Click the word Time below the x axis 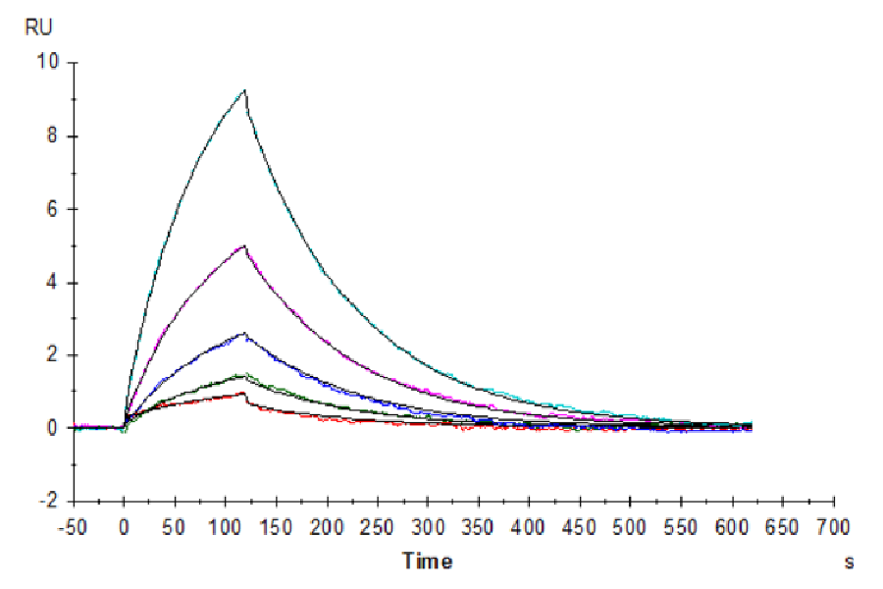(x=428, y=562)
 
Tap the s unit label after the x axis (x=849, y=562)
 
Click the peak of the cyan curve (x=245, y=90)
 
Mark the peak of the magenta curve (x=244, y=245)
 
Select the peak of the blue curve (x=244, y=333)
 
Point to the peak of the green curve (x=243, y=374)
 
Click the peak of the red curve (x=243, y=394)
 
